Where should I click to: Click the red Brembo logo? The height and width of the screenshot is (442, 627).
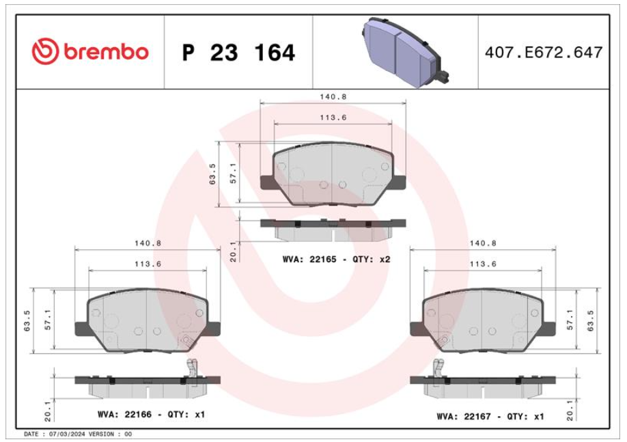pos(90,52)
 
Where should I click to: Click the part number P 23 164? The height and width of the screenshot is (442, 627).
pos(239,53)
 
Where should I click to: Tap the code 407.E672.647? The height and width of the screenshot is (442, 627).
pos(544,53)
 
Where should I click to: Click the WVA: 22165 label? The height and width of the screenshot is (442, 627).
pos(309,259)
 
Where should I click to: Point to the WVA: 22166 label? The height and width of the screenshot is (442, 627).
pos(125,415)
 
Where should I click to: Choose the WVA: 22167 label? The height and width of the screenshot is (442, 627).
pos(464,417)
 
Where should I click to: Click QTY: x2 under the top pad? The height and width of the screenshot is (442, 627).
pos(371,259)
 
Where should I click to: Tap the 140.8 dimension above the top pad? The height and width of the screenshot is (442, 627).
pos(333,97)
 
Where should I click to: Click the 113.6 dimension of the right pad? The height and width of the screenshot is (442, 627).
pos(483,264)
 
